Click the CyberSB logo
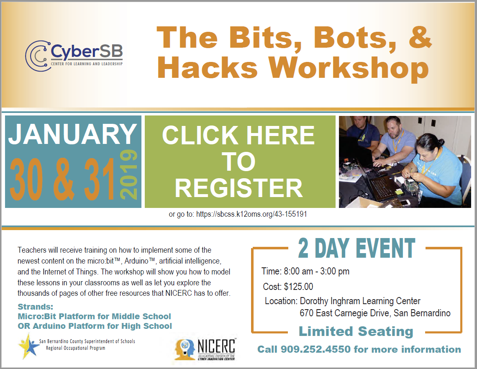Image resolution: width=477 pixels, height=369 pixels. click(x=74, y=56)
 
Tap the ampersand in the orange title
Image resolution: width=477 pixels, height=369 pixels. click(x=420, y=37)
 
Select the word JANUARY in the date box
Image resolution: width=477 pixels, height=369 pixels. click(x=72, y=134)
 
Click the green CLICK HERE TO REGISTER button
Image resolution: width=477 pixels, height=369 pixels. click(x=240, y=161)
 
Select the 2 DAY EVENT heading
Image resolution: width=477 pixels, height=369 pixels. click(x=356, y=248)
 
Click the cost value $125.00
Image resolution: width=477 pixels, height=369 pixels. click(x=298, y=287)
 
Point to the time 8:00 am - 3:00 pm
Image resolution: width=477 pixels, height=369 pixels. click(x=316, y=271)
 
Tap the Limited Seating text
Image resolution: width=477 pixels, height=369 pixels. click(x=356, y=331)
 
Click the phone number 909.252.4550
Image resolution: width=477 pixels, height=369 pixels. click(x=315, y=349)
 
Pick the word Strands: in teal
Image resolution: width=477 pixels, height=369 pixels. click(x=35, y=307)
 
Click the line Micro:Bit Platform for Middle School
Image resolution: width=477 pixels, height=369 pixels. click(x=94, y=316)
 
